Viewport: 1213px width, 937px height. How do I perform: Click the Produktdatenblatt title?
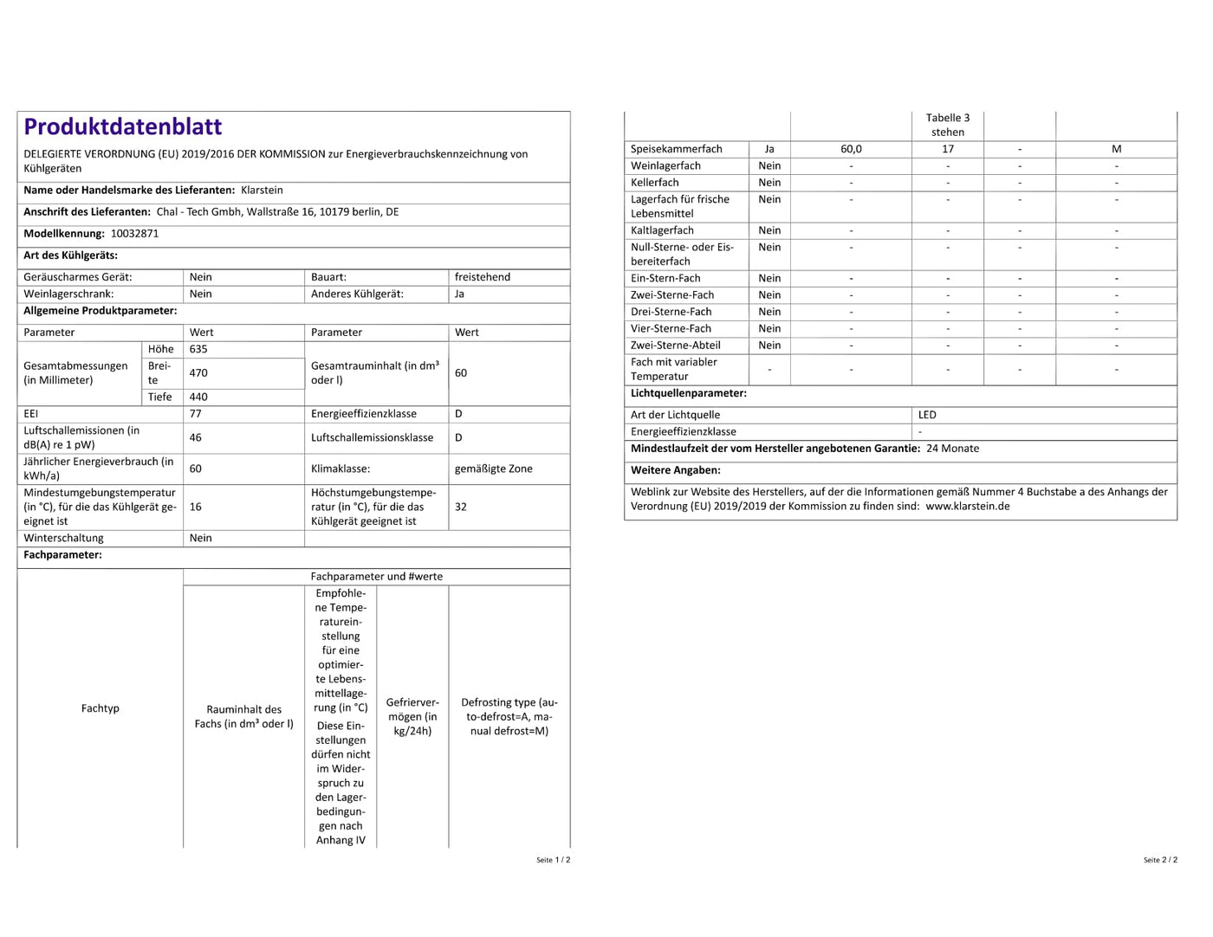pos(123,127)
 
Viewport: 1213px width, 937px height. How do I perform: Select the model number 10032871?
pos(134,234)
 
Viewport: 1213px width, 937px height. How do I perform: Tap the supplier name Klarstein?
pos(262,191)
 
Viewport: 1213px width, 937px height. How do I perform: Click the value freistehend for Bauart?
pos(482,277)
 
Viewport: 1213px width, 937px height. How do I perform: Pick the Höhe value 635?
pos(198,349)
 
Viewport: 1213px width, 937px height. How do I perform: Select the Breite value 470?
pos(198,373)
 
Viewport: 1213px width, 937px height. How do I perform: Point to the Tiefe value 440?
pos(198,397)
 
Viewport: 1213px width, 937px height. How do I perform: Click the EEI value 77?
pos(196,414)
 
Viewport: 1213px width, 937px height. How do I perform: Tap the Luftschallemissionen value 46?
pos(196,438)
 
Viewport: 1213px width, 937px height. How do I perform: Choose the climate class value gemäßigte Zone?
pos(493,469)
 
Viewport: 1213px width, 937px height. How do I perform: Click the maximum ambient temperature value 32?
pos(461,507)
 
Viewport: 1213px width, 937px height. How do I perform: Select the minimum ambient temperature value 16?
pos(196,507)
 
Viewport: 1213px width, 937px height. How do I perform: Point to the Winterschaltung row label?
pos(63,539)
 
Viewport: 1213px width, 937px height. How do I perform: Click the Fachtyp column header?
pos(101,708)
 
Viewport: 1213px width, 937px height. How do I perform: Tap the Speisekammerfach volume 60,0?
pos(851,149)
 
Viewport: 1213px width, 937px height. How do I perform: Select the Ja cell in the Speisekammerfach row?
pos(769,149)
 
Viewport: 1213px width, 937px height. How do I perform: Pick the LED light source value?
pos(927,415)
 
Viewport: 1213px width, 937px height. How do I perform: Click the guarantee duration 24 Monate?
pos(952,449)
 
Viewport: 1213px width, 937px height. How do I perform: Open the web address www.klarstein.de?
pos(967,507)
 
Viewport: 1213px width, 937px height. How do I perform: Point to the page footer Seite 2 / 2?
pos(1160,860)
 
